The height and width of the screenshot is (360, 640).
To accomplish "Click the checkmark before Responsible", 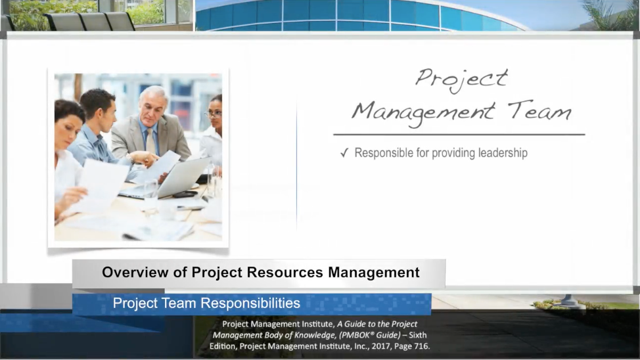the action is tap(344, 153).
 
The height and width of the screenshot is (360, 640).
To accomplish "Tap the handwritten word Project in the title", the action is tap(461, 79).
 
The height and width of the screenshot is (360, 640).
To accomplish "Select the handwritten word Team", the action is tap(539, 110).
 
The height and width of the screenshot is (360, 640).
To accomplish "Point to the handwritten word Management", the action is tap(423, 113).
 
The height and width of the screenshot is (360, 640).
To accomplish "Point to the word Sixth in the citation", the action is tap(417, 335).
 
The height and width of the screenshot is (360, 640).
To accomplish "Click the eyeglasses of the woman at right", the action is tap(214, 114).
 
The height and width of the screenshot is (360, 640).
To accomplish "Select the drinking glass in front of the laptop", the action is tap(150, 196).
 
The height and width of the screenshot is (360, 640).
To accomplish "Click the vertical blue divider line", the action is tap(297, 166).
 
